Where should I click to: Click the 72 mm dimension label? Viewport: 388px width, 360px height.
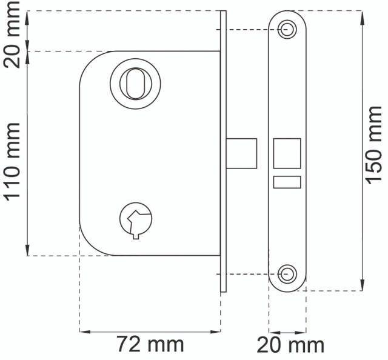(x=150, y=344)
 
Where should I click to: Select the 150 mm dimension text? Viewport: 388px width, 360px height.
(x=373, y=145)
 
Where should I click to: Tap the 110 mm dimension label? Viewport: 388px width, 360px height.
(x=12, y=162)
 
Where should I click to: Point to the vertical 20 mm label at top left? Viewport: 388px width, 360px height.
(x=12, y=34)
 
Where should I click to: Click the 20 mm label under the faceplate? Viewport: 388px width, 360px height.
(x=290, y=345)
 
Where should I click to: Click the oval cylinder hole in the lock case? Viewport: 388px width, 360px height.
(x=135, y=84)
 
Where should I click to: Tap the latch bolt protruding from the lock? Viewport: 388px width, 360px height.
(x=241, y=154)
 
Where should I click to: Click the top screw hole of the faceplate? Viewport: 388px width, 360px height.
(x=287, y=30)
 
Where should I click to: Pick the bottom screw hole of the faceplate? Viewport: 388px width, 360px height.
(x=287, y=274)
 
